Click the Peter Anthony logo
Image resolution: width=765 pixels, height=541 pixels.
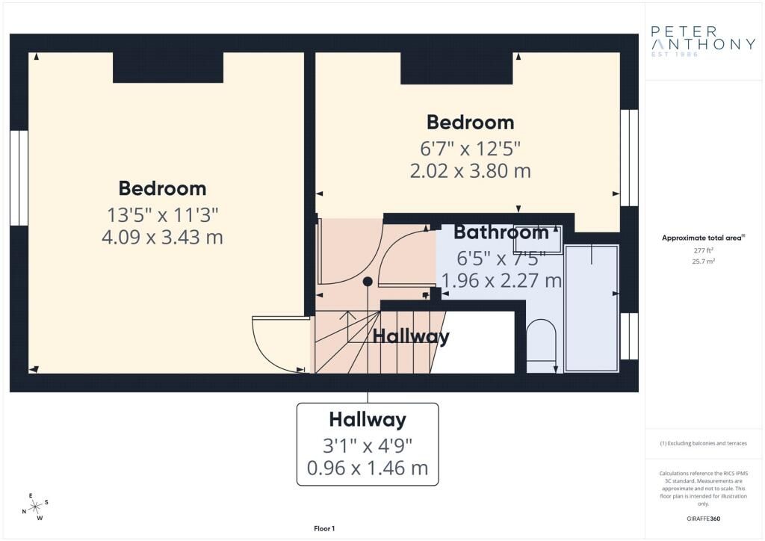703,41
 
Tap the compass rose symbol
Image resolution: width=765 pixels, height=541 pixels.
36,507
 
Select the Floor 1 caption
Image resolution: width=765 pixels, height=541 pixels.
324,528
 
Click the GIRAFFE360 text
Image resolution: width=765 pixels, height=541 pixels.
703,519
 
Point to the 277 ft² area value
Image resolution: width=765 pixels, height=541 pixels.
704,250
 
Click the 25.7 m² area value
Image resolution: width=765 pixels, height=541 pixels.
704,261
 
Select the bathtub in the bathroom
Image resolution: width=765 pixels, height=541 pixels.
592,308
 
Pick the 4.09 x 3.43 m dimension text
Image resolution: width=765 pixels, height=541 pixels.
162,237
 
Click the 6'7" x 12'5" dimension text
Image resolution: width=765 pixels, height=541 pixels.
471,148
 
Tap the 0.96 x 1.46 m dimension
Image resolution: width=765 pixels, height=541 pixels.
368,468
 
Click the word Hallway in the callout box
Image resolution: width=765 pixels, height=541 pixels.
368,419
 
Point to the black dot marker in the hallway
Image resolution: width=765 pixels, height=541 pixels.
368,282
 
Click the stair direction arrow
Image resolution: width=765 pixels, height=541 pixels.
347,326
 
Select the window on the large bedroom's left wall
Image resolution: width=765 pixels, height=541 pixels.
19,178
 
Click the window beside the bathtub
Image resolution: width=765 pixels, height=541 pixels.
629,336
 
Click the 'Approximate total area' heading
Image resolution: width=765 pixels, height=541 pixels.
703,238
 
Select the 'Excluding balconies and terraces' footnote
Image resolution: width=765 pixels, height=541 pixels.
703,443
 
